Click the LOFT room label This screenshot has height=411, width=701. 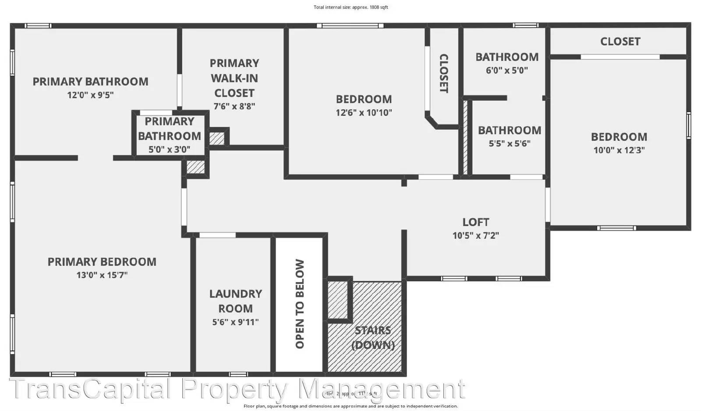[x=475, y=222]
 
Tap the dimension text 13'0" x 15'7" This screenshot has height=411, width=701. [x=102, y=275]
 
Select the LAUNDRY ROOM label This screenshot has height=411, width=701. [x=235, y=301]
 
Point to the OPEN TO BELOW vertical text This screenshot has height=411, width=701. [x=300, y=304]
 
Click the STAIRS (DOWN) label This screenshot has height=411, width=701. [x=373, y=337]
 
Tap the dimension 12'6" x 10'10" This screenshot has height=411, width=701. [x=364, y=113]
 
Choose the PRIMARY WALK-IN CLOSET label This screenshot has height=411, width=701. [x=234, y=78]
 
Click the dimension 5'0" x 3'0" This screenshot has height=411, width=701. [x=169, y=149]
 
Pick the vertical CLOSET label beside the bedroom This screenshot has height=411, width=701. [x=443, y=73]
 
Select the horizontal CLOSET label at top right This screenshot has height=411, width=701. [x=620, y=42]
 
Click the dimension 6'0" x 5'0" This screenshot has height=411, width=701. [x=506, y=70]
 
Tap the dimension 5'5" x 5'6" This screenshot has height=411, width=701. [x=509, y=143]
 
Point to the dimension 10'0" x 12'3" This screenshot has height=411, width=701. [x=619, y=150]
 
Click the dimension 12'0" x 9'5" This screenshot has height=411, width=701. [x=90, y=95]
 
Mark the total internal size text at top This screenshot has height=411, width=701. [x=350, y=7]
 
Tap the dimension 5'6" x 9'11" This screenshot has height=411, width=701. [x=235, y=322]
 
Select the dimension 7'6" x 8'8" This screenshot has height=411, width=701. [x=234, y=106]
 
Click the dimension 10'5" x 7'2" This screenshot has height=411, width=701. [x=475, y=236]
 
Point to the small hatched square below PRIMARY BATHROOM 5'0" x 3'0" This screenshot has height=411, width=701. [x=195, y=167]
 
